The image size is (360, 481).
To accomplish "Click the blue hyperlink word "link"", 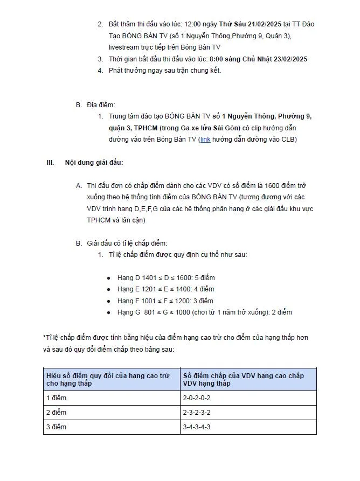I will pyautogui.click(x=205, y=140).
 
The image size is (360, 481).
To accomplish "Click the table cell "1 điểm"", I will pyautogui.click(x=56, y=398).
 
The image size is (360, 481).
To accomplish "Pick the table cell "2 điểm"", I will pyautogui.click(x=56, y=413).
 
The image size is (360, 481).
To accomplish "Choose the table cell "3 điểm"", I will pyautogui.click(x=56, y=427).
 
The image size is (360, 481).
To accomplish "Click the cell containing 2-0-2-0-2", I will pyautogui.click(x=197, y=398).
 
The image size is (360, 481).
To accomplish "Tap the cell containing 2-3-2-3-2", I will pyautogui.click(x=197, y=413).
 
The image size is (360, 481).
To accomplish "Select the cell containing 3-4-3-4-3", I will pyautogui.click(x=197, y=427).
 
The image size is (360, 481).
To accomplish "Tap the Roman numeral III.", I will pyautogui.click(x=51, y=162).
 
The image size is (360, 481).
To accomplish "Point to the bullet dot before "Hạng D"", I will pyautogui.click(x=109, y=278).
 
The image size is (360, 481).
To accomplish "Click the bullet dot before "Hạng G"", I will pyautogui.click(x=109, y=312).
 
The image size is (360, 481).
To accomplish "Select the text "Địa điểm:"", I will pyautogui.click(x=101, y=105).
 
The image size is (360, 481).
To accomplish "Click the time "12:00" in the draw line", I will pyautogui.click(x=193, y=25).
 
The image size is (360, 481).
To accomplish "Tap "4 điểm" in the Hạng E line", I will pyautogui.click(x=204, y=289).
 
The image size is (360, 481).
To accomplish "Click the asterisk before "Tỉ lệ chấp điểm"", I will pyautogui.click(x=44, y=338).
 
